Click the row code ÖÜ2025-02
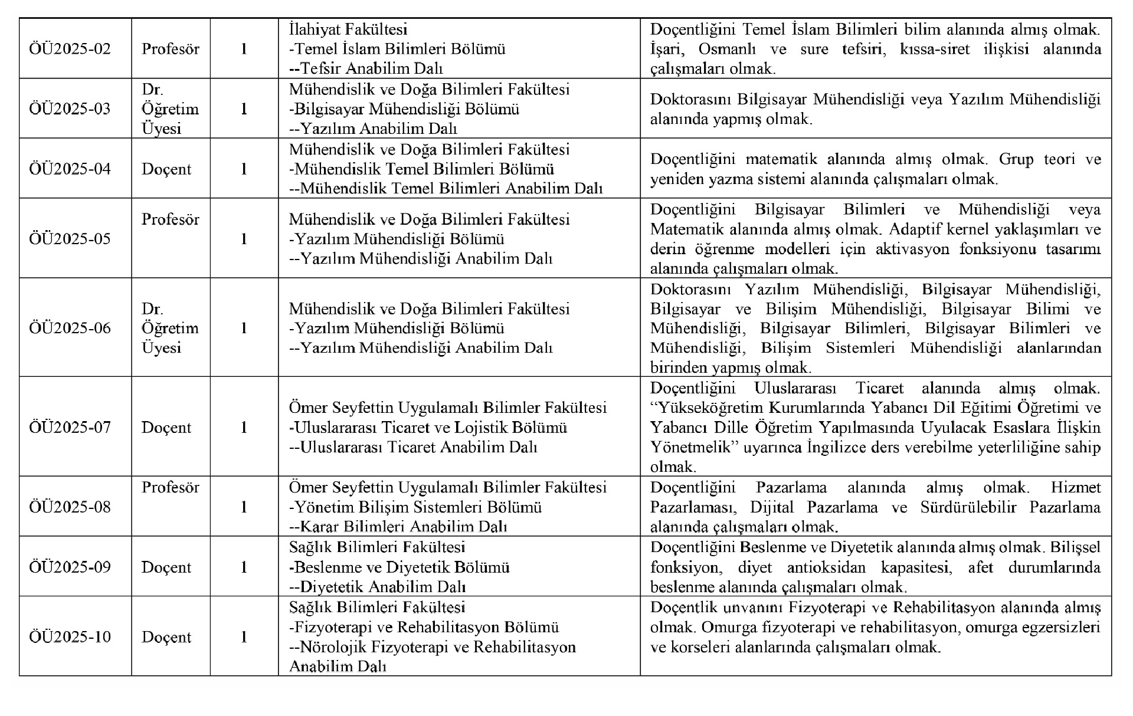click(70, 48)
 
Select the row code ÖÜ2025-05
click(70, 239)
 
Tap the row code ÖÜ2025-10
click(70, 637)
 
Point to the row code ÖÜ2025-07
click(70, 427)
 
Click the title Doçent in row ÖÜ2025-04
click(166, 169)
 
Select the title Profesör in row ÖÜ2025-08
click(171, 487)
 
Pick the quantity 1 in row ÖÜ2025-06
click(244, 328)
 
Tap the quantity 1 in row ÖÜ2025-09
click(244, 567)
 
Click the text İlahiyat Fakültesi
click(348, 29)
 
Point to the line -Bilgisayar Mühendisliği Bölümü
click(404, 109)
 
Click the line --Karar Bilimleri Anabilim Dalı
click(398, 527)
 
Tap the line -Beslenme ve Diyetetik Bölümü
click(400, 567)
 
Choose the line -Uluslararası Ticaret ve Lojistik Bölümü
click(428, 427)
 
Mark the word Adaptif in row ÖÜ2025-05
click(919, 229)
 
